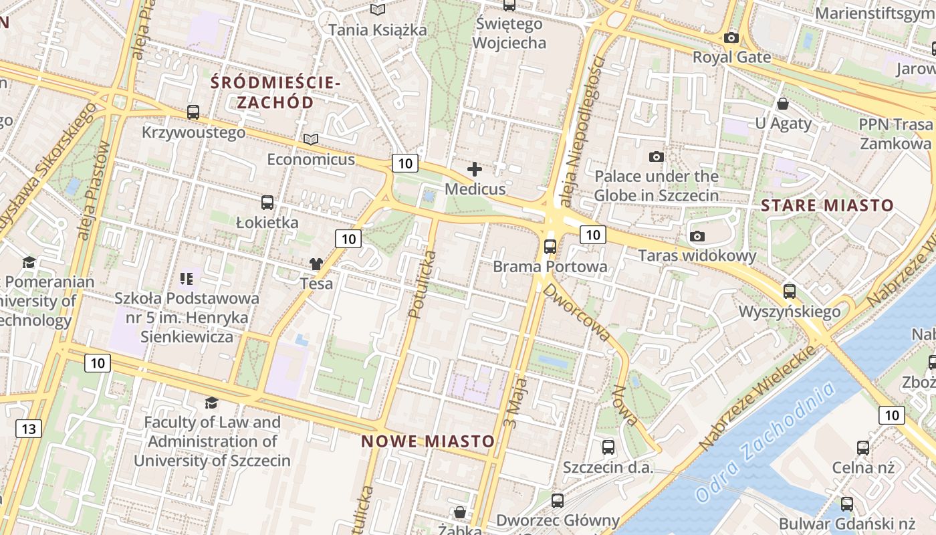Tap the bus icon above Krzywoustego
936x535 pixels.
(x=193, y=112)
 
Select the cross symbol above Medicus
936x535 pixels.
(x=475, y=169)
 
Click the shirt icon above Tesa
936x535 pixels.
(x=316, y=264)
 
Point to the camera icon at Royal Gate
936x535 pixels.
(x=731, y=38)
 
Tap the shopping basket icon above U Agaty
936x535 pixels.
(x=783, y=104)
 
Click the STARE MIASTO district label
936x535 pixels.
(x=827, y=205)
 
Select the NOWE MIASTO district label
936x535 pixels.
(x=428, y=441)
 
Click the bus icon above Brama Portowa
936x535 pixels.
(x=550, y=247)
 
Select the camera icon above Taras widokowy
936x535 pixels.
(x=697, y=236)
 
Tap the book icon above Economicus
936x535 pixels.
(x=311, y=139)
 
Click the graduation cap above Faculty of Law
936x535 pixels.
(x=211, y=403)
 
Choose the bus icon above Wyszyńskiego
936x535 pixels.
(x=790, y=292)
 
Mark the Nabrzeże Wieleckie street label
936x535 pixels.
(x=755, y=398)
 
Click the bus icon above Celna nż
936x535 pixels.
(x=863, y=448)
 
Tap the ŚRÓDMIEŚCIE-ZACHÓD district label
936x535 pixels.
(x=275, y=92)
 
